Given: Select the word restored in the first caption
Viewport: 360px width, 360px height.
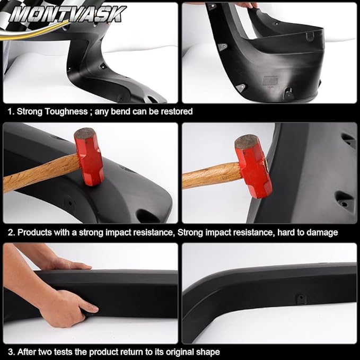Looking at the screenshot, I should point(175,112).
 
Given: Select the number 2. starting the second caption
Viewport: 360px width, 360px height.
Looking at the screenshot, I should point(10,232).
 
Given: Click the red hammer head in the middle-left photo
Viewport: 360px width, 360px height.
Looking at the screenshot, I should point(89,156).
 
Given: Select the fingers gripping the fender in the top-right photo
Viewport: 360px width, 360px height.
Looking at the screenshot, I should point(246,5).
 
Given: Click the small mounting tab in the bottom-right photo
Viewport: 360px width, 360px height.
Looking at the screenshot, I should point(301,299).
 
